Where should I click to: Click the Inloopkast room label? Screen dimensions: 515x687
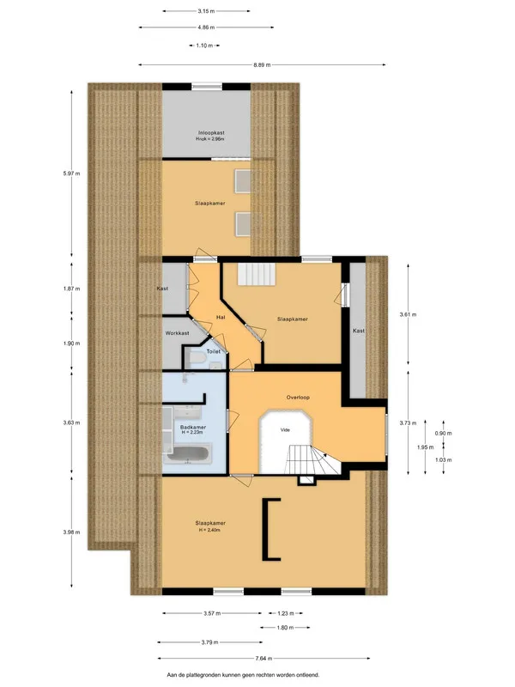pyautogui.click(x=211, y=133)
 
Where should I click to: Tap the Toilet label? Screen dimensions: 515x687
pyautogui.click(x=213, y=351)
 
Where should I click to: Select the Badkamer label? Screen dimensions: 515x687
pyautogui.click(x=192, y=427)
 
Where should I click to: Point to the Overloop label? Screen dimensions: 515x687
pyautogui.click(x=298, y=398)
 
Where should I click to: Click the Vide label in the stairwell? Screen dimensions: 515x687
pyautogui.click(x=285, y=430)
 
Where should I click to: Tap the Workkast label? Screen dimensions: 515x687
pyautogui.click(x=178, y=333)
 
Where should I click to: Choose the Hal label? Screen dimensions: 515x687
pyautogui.click(x=221, y=317)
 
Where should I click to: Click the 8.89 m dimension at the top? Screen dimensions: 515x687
pyautogui.click(x=262, y=65)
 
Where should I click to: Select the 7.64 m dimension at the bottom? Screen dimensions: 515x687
pyautogui.click(x=264, y=658)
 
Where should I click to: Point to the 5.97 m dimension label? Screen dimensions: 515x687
pyautogui.click(x=71, y=173)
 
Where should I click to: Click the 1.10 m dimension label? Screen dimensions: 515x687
pyautogui.click(x=204, y=46)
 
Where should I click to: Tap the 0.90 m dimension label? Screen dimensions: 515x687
pyautogui.click(x=443, y=434)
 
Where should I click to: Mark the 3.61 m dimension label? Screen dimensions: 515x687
pyautogui.click(x=409, y=314)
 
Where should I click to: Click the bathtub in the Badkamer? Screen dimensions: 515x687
pyautogui.click(x=188, y=454)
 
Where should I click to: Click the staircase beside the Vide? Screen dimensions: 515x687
pyautogui.click(x=312, y=459)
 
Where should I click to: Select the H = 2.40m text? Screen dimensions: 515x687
pyautogui.click(x=209, y=530)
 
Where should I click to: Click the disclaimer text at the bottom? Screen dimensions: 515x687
pyautogui.click(x=243, y=675)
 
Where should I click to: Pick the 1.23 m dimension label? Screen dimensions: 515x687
pyautogui.click(x=285, y=613)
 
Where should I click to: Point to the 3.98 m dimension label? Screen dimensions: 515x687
pyautogui.click(x=71, y=532)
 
